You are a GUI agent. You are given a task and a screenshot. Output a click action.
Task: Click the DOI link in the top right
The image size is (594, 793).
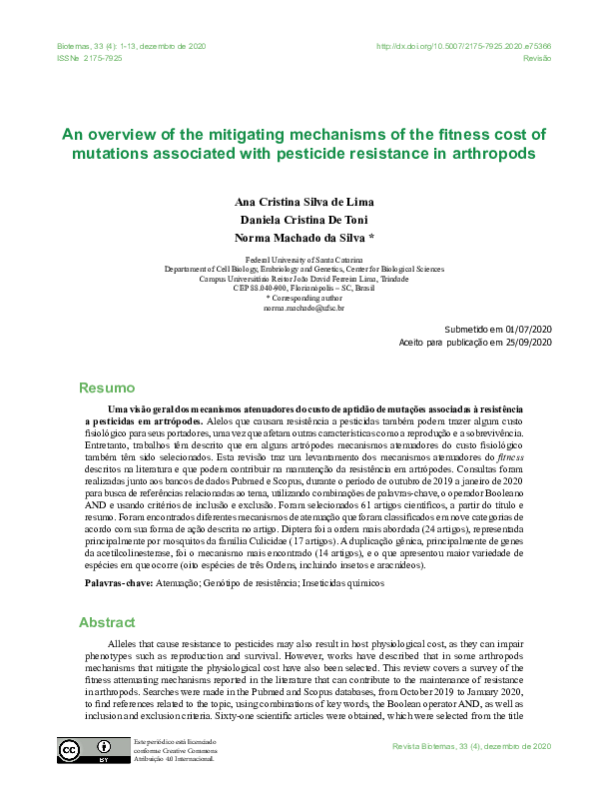(x=463, y=47)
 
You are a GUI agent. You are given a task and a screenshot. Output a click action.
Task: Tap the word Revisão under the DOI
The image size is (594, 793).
(x=538, y=59)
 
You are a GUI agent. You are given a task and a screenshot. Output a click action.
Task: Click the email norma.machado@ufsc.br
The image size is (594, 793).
(x=303, y=309)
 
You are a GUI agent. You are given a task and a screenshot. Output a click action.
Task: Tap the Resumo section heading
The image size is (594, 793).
(x=107, y=388)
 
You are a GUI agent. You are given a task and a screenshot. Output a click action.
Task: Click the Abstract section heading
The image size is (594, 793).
(x=108, y=622)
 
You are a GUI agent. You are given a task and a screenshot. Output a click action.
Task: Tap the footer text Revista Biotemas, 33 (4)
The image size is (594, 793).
(x=472, y=746)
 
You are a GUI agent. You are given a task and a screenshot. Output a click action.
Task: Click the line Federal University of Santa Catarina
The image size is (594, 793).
(x=303, y=259)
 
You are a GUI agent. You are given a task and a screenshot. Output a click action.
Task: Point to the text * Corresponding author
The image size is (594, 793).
(x=303, y=299)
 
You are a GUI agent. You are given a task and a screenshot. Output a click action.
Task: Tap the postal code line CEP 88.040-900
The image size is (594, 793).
(x=303, y=289)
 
